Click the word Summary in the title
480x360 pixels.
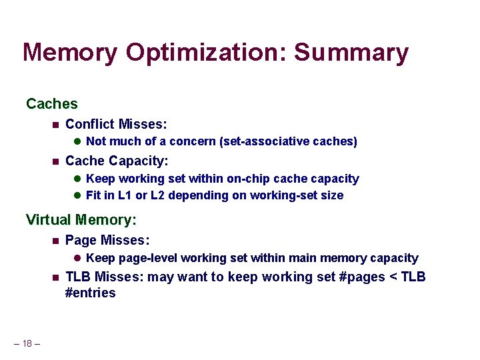point(351,53)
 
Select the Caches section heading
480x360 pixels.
point(51,104)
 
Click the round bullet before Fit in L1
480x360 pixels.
point(77,195)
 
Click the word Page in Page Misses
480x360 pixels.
point(80,240)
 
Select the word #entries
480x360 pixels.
point(91,293)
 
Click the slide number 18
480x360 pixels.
point(27,343)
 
